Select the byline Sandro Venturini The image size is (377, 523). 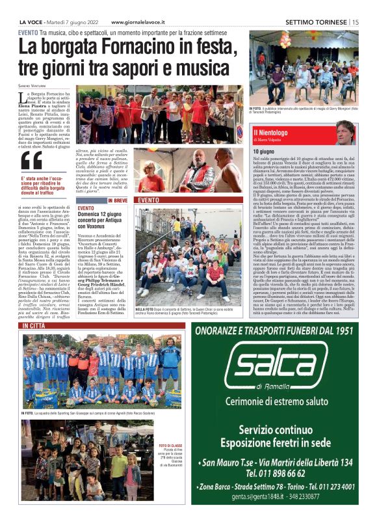tap(33, 85)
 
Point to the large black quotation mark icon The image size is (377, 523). tap(31, 160)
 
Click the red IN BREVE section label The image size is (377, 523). tap(118, 200)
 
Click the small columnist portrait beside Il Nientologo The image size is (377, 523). tap(345, 132)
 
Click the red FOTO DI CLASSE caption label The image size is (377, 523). tap(168, 427)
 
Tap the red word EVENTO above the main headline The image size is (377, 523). tap(28, 32)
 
